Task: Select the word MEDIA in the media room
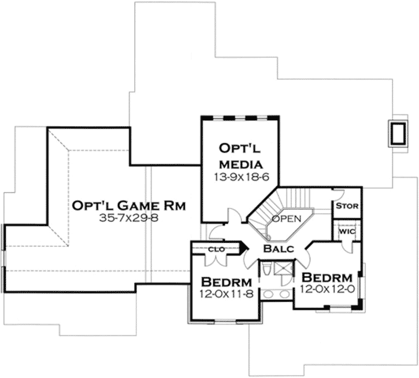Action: click(240, 162)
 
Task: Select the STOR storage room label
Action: click(347, 206)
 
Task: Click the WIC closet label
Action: click(347, 232)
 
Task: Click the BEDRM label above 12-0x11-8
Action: click(227, 282)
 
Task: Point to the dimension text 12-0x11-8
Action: click(227, 293)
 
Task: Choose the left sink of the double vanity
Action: click(268, 294)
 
